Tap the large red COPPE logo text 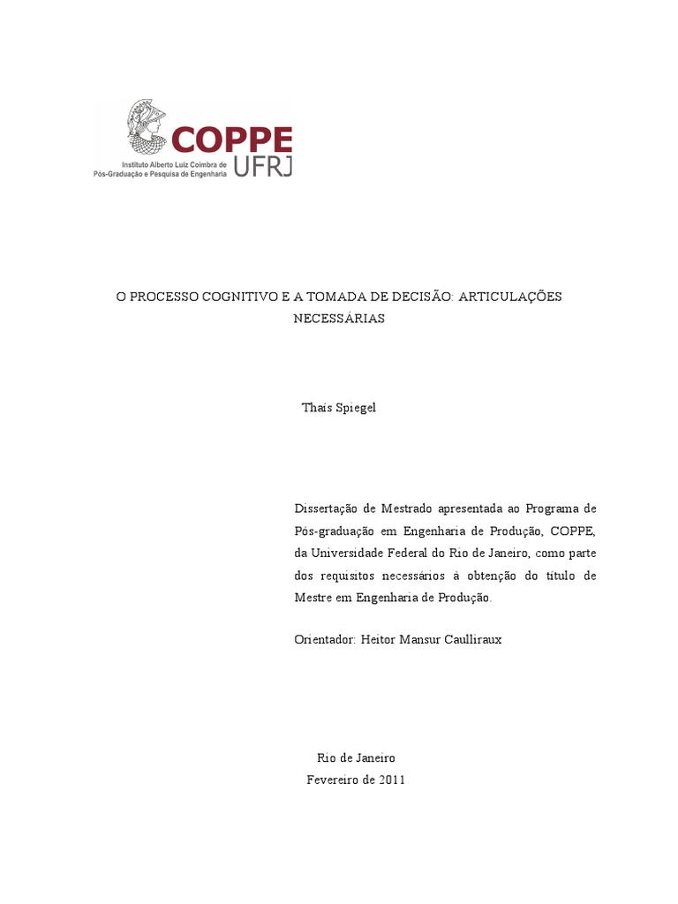coord(231,140)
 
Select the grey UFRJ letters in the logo coord(263,166)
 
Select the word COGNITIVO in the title coord(238,297)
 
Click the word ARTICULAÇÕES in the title coord(510,297)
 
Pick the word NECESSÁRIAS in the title coord(339,319)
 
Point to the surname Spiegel coord(356,408)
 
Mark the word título coord(556,575)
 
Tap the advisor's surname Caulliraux coord(468,639)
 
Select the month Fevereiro coord(335,780)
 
